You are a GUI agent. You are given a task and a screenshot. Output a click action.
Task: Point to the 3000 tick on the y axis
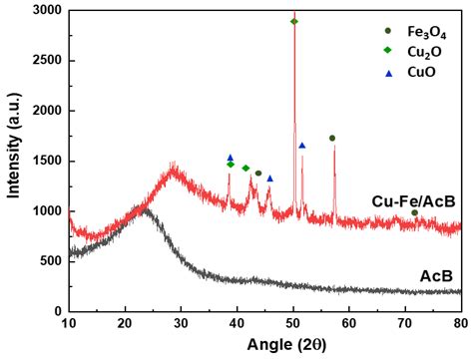[45, 10]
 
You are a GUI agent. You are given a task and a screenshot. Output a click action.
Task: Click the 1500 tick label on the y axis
[45, 161]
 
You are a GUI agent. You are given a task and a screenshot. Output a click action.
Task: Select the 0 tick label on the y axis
[56, 311]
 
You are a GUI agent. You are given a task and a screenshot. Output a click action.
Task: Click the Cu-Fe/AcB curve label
[413, 201]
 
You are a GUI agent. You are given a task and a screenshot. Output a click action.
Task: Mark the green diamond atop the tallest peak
[293, 21]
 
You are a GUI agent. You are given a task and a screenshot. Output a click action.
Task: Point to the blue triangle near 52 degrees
[302, 146]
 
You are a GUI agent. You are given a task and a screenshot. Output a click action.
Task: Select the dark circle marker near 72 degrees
[415, 212]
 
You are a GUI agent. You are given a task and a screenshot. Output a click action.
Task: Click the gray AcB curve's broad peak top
[146, 210]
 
